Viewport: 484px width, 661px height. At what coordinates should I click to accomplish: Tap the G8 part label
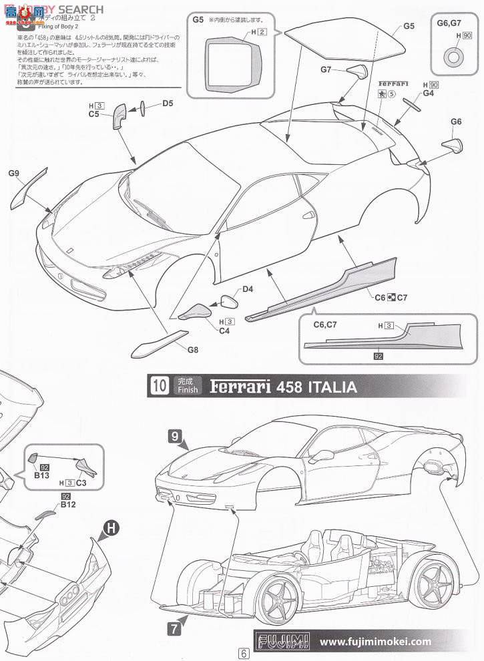pyautogui.click(x=193, y=349)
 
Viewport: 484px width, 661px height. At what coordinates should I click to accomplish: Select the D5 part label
pyautogui.click(x=168, y=103)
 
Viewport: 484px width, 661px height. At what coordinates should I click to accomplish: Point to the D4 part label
pyautogui.click(x=248, y=289)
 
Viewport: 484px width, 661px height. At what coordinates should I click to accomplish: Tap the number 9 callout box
pyautogui.click(x=174, y=436)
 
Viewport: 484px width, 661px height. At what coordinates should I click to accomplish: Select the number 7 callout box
pyautogui.click(x=172, y=627)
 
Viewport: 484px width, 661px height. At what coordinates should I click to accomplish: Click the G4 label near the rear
pyautogui.click(x=428, y=93)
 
